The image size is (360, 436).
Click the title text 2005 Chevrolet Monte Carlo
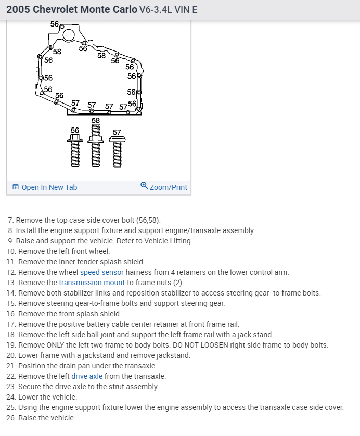(x=72, y=10)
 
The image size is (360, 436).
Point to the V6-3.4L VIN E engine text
(x=169, y=10)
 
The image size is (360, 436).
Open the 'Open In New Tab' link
(x=49, y=187)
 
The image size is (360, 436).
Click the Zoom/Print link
(x=168, y=187)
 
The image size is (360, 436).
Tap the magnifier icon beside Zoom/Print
(x=144, y=186)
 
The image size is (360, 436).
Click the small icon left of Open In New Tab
(x=15, y=187)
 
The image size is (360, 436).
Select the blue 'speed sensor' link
(x=102, y=272)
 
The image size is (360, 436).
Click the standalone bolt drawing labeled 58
(x=95, y=148)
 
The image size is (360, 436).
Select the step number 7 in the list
(x=10, y=220)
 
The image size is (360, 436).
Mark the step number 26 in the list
(x=11, y=418)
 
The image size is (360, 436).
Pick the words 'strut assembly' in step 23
(x=134, y=387)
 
